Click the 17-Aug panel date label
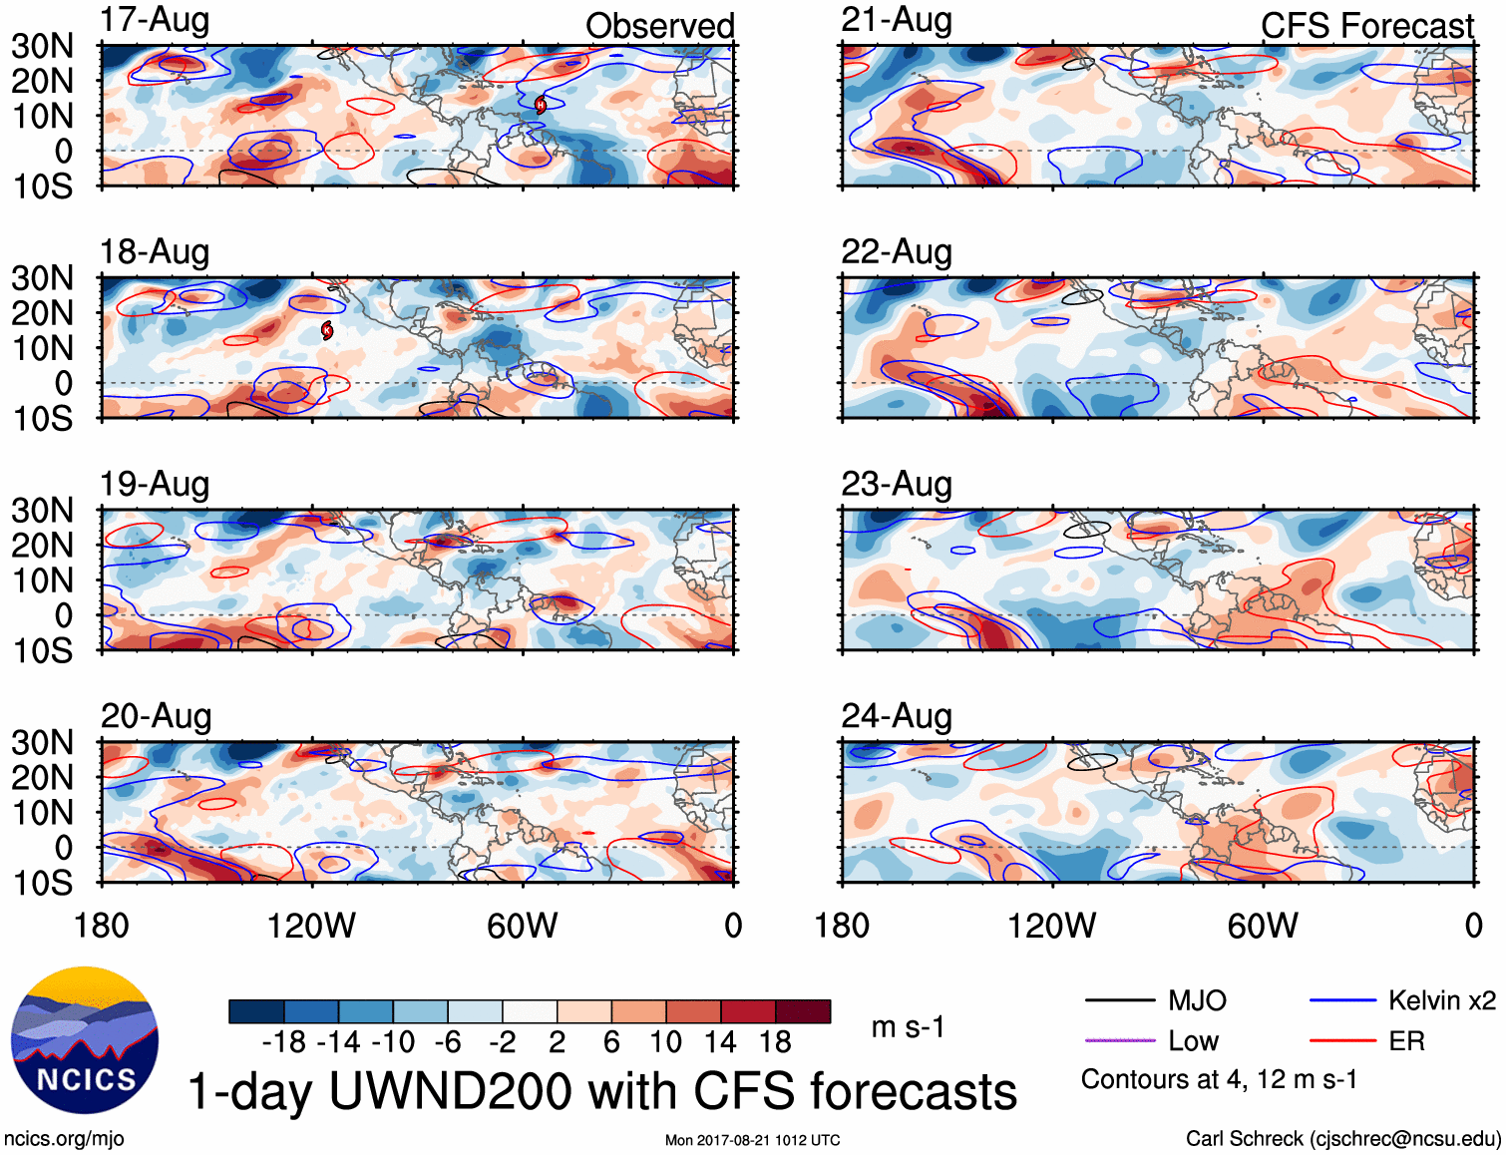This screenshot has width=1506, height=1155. (155, 21)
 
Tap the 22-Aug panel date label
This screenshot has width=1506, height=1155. (896, 252)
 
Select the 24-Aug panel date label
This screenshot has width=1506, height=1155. (896, 716)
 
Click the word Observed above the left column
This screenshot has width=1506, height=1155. (659, 26)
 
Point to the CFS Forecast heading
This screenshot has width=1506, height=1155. (1366, 26)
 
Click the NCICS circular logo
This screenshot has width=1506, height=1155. (85, 1040)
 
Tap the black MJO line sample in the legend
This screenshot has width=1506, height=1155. (1119, 1000)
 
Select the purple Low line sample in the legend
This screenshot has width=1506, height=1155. (1119, 1041)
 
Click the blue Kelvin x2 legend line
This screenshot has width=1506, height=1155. (1342, 1000)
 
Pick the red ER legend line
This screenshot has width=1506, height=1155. (1342, 1041)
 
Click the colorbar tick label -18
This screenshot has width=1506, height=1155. (284, 1042)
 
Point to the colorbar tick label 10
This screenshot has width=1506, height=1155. (665, 1042)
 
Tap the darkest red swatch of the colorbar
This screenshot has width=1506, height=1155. (803, 1011)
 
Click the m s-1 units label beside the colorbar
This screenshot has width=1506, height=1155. (908, 1027)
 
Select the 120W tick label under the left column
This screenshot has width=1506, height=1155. (311, 926)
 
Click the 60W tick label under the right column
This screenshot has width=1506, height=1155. (1263, 926)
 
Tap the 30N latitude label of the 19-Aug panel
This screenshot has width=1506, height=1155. (42, 511)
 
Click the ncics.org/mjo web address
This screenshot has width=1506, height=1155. (64, 1139)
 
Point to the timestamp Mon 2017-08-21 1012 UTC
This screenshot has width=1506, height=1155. (752, 1140)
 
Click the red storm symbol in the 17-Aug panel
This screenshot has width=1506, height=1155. (541, 105)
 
